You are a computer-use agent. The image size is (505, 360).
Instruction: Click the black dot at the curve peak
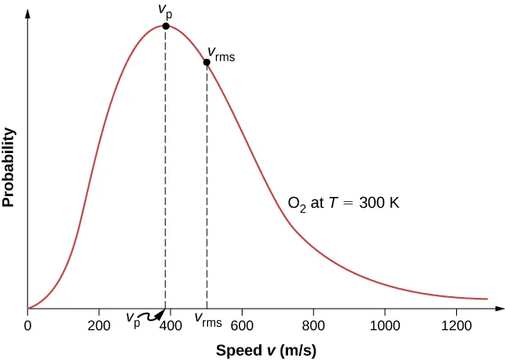click(166, 26)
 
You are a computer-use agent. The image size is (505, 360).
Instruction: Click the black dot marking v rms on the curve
click(207, 62)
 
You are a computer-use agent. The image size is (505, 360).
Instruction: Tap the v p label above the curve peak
click(165, 10)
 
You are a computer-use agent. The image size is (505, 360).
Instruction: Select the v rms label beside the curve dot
click(221, 55)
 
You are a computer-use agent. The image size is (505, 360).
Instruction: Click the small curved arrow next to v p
click(152, 315)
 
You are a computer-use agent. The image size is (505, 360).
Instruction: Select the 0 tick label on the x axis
click(28, 324)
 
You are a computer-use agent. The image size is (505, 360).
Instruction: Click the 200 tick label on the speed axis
click(99, 324)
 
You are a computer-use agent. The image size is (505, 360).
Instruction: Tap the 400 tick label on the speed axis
click(171, 324)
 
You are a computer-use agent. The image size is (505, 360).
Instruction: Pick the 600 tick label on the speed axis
click(242, 324)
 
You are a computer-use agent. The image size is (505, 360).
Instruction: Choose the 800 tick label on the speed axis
click(313, 324)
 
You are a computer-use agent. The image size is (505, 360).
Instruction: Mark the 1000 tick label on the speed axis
click(384, 324)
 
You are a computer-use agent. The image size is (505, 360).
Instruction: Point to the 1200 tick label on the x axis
click(455, 324)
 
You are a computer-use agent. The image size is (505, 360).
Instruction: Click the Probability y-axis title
click(10, 166)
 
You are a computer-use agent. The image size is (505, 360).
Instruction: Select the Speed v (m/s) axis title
click(265, 349)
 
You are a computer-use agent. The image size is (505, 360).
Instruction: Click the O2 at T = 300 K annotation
click(343, 202)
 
